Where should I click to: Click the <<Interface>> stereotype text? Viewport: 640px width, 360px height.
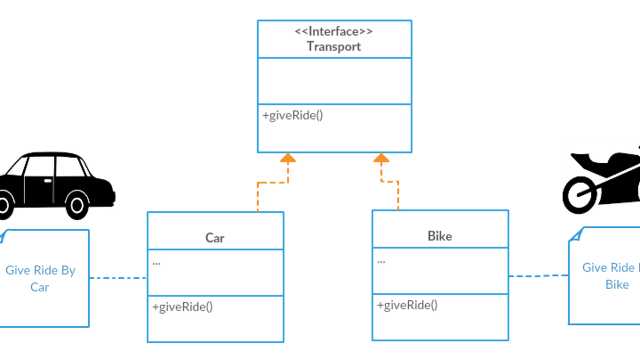coord(334,31)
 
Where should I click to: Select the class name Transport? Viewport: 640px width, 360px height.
coord(334,46)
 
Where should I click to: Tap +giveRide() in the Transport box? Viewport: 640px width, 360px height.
coord(293,115)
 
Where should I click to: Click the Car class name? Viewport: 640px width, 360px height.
coord(215,238)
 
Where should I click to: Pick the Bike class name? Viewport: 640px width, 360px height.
coord(439,236)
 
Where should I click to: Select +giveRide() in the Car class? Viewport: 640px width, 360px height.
coord(182,307)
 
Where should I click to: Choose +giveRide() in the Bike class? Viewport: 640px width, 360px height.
coord(407,305)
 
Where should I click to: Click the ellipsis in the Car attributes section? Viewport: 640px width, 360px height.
coord(157,262)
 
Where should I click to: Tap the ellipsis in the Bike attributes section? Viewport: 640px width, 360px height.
coord(381,261)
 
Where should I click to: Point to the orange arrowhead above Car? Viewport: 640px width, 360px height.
coord(288,158)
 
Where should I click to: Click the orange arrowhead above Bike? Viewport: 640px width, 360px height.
coord(381,158)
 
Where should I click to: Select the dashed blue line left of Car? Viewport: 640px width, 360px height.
coord(117,278)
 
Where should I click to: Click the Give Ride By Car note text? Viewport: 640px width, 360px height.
coord(40,278)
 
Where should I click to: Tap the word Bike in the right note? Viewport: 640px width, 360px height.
coord(617,285)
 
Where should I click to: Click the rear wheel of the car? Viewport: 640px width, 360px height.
coord(78,204)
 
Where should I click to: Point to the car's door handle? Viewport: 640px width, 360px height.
coord(47,181)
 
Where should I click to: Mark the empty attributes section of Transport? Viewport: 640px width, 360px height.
coord(334,81)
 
